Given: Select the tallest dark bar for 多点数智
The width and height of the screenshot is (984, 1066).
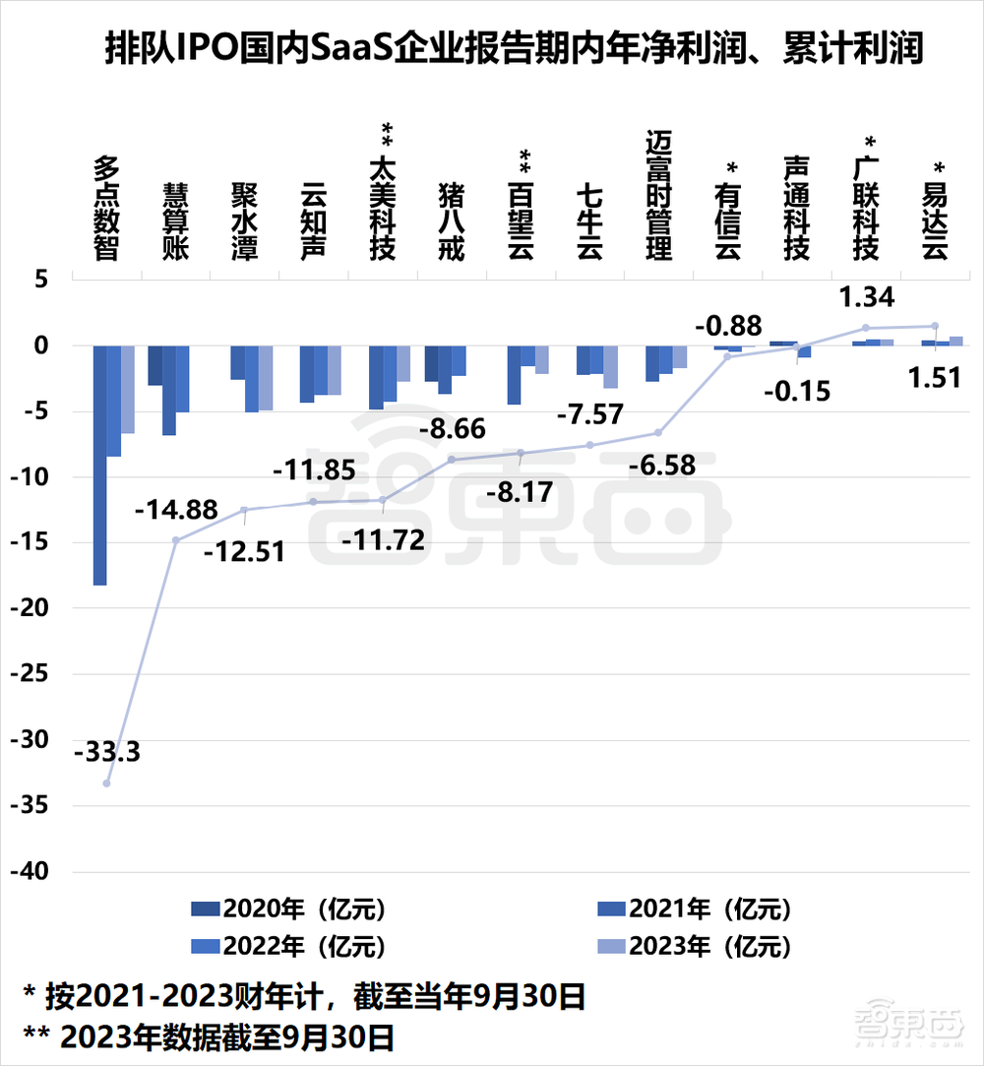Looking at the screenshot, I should [99, 465].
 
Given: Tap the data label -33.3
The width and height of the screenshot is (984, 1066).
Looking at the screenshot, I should [107, 754].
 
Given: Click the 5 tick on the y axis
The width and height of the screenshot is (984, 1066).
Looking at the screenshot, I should [41, 280].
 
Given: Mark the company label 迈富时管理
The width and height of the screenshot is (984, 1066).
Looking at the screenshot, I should [658, 195].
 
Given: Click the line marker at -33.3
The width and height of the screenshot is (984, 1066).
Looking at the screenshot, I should [106, 784].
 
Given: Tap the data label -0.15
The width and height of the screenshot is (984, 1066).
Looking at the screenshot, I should [797, 390].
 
